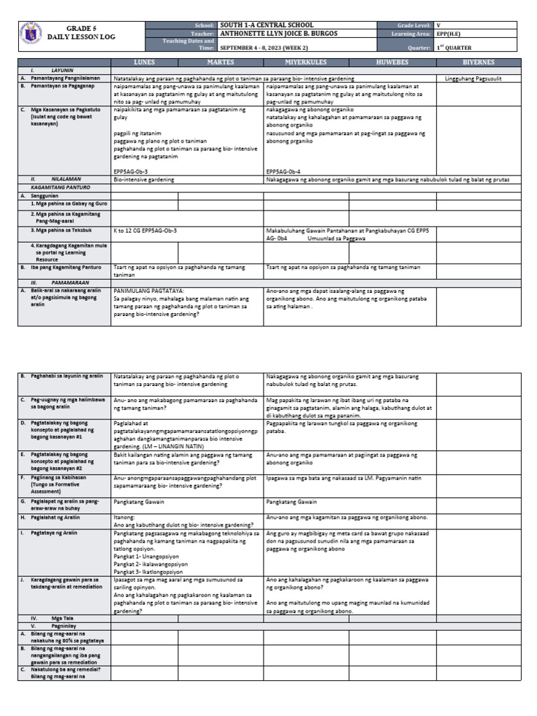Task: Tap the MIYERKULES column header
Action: pos(306,62)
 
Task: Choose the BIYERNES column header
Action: pos(478,62)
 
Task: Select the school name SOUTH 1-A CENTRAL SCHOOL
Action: pos(266,25)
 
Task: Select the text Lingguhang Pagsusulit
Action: pos(473,79)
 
